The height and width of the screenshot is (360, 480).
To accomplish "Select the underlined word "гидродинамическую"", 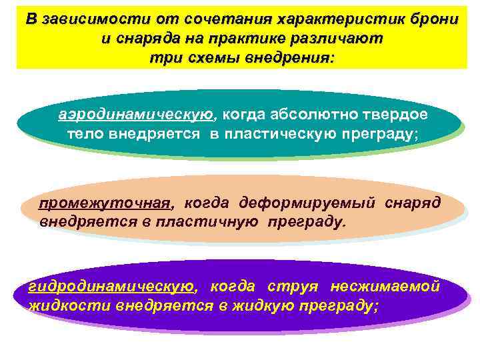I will pos(111,287).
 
